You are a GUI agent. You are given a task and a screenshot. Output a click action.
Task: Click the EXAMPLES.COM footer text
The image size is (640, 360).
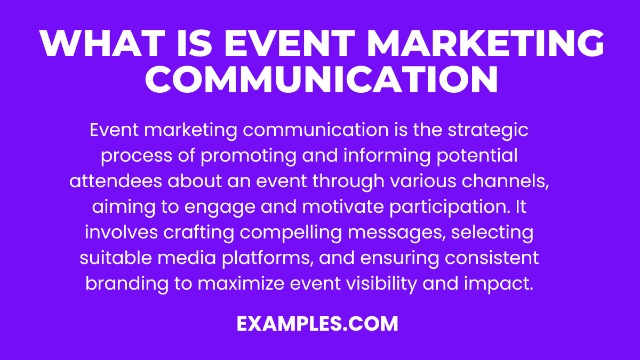click(318, 323)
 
